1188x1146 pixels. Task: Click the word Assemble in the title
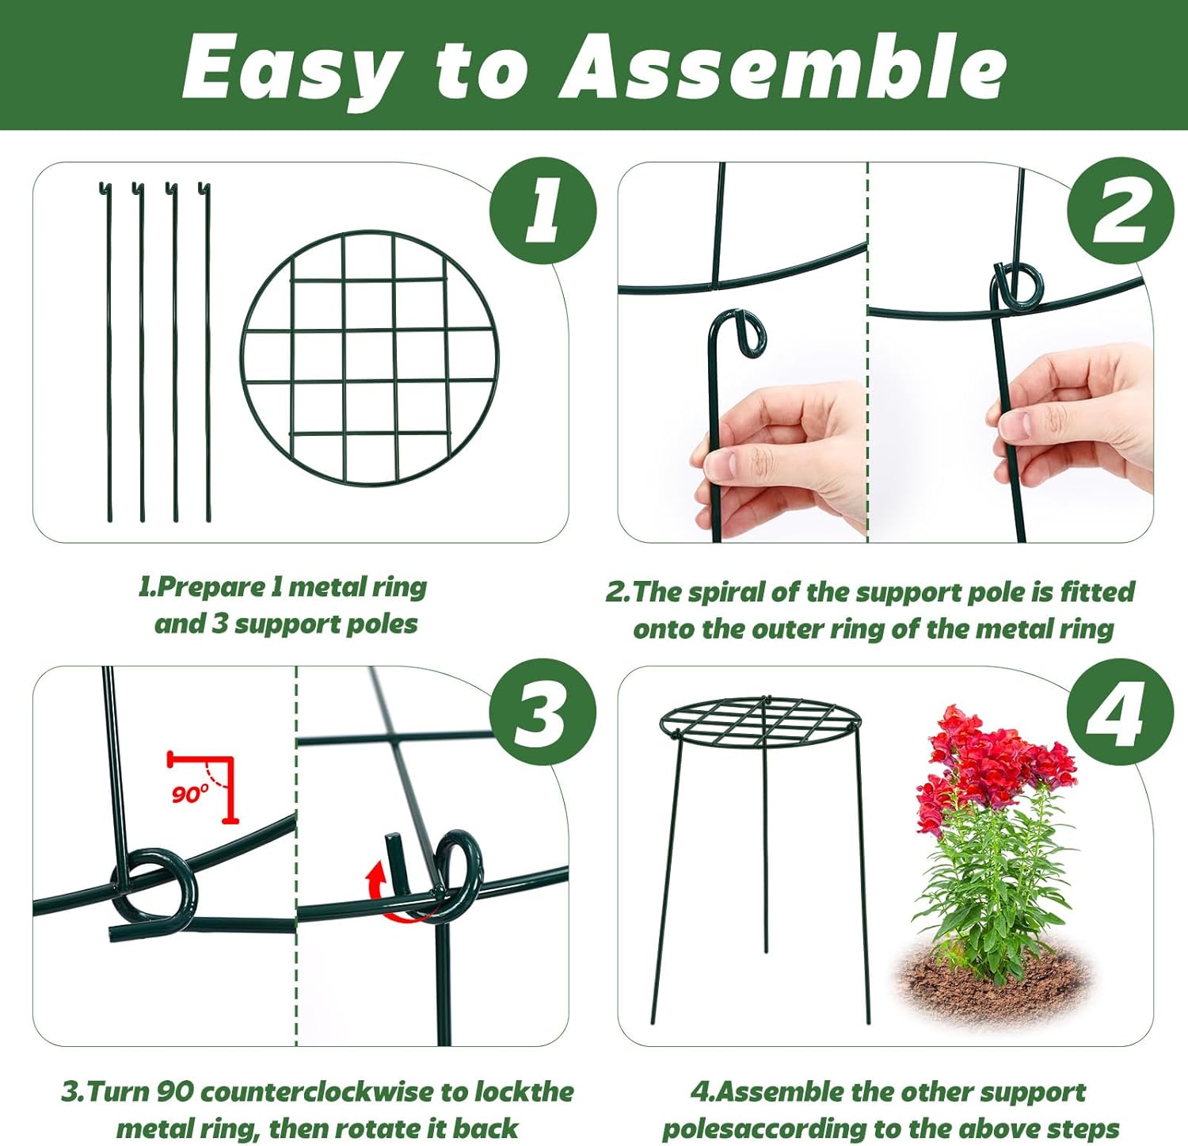(783, 68)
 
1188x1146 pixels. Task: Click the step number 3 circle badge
(543, 712)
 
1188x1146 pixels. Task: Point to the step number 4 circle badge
(1119, 712)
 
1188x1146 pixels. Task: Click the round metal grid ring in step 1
(370, 358)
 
